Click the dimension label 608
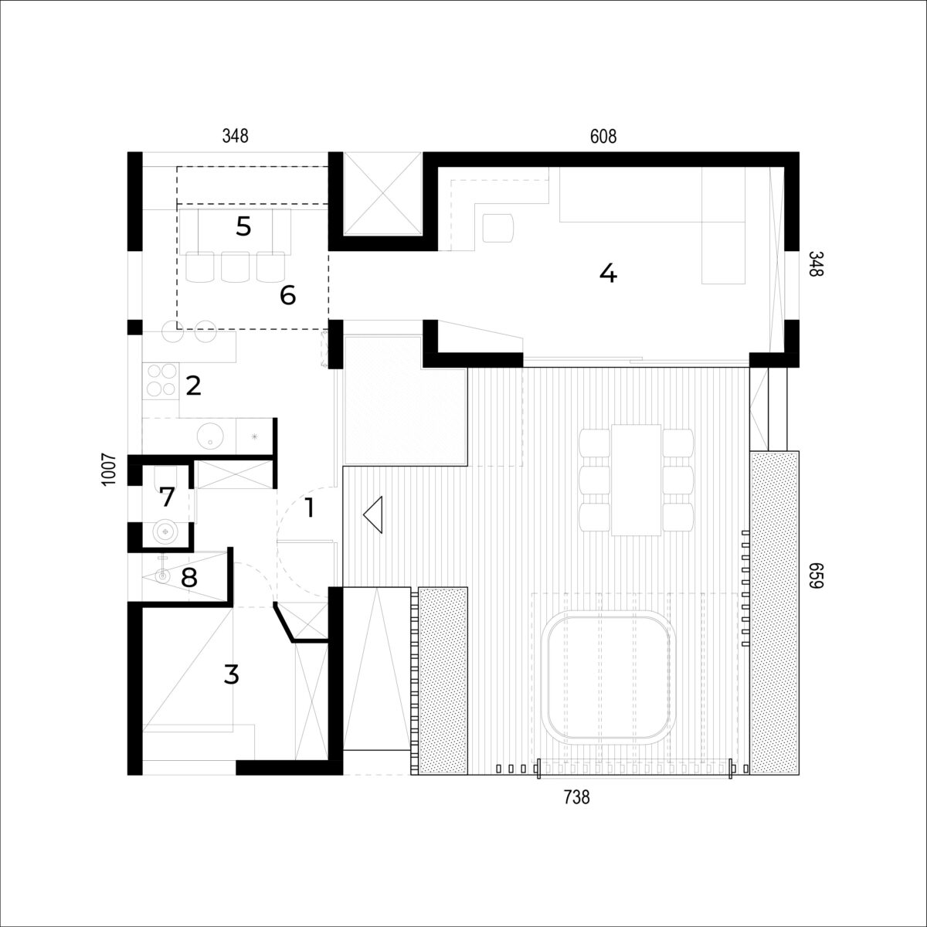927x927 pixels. click(603, 137)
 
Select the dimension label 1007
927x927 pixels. click(109, 470)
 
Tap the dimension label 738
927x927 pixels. click(576, 797)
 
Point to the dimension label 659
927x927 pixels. click(816, 575)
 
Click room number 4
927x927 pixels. click(608, 274)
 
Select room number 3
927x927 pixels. click(232, 675)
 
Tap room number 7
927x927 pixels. click(166, 497)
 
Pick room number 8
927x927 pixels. click(189, 578)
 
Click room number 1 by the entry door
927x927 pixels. click(309, 508)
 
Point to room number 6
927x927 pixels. click(287, 295)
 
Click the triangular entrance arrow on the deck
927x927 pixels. click(373, 514)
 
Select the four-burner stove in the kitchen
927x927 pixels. click(161, 380)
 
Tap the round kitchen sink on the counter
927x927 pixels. click(211, 436)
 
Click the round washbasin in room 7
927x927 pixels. click(165, 531)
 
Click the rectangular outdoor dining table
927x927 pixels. click(636, 480)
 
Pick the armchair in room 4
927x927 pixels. click(498, 228)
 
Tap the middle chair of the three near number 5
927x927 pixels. click(235, 267)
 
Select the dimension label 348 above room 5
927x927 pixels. click(236, 137)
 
